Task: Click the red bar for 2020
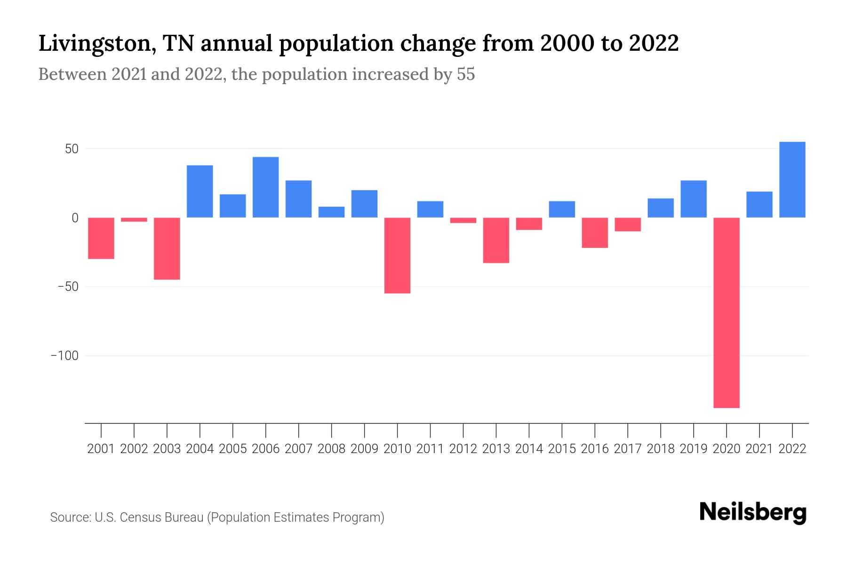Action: (x=727, y=313)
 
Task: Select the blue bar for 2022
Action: (x=792, y=180)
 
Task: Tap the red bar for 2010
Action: (x=397, y=255)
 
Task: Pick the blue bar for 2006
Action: (x=265, y=187)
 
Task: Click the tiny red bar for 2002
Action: (x=134, y=219)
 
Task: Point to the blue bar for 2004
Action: (x=200, y=191)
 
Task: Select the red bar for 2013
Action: (x=496, y=240)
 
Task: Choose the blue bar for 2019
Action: (x=694, y=199)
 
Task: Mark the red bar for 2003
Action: (x=167, y=249)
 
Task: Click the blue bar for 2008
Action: (x=331, y=212)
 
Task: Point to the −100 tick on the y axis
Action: (x=64, y=356)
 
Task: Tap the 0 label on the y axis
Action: (x=75, y=218)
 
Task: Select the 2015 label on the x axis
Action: (x=562, y=449)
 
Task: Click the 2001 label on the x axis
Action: (x=101, y=449)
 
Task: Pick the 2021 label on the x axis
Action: (x=759, y=449)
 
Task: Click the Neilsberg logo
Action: (x=753, y=512)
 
